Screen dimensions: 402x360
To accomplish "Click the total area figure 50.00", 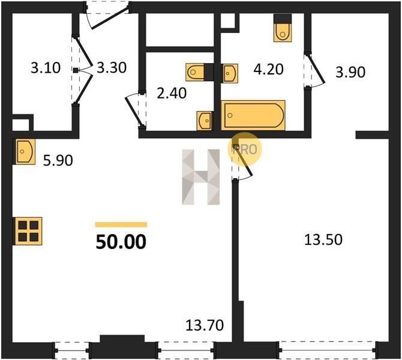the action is [121, 242].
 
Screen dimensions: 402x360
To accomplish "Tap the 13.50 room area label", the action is [323, 240].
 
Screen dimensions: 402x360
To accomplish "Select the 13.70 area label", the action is [205, 325].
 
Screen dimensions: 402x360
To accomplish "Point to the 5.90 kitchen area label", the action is [58, 161].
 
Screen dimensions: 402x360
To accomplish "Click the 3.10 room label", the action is [46, 68].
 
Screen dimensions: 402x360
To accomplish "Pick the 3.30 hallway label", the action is [112, 68].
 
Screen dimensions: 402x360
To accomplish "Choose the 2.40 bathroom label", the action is [172, 94].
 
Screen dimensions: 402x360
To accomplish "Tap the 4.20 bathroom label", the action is [268, 70].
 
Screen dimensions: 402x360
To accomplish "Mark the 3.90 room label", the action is [350, 73].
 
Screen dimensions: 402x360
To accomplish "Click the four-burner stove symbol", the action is [28, 231].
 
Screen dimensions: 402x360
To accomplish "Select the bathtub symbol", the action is [253, 115].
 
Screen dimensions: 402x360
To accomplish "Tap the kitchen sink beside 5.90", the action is [25, 152].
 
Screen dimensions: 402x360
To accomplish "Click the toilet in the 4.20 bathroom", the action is [283, 28].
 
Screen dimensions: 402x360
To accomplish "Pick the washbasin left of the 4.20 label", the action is [230, 73].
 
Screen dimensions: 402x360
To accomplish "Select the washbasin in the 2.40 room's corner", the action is [205, 121].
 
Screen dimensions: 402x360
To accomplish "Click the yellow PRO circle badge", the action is [244, 149].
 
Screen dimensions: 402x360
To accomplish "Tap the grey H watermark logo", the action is [201, 177].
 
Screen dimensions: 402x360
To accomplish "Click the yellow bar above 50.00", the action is [121, 224].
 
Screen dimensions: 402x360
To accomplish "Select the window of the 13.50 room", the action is [328, 350].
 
